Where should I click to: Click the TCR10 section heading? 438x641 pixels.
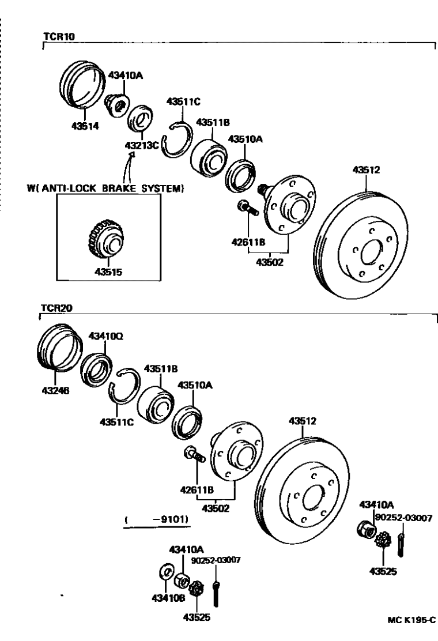click(59, 36)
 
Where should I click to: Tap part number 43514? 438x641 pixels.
click(84, 128)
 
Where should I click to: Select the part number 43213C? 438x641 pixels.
click(141, 146)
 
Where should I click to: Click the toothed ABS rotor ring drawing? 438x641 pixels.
click(108, 237)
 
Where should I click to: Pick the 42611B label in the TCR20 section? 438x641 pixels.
click(198, 490)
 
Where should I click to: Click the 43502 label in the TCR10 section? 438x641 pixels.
click(271, 262)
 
